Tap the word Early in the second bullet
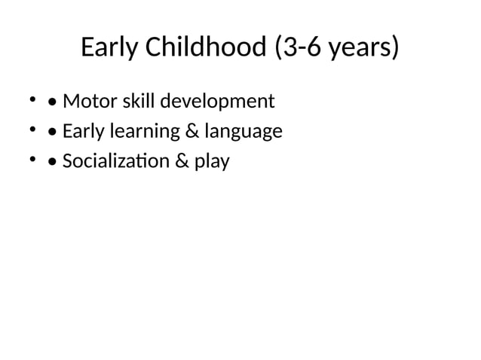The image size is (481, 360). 83,131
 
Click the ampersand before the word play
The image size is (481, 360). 185,161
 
